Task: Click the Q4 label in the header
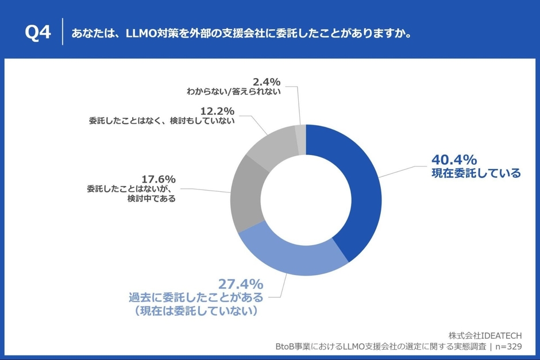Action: click(38, 33)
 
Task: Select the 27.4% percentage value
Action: click(241, 284)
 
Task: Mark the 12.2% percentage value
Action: click(218, 110)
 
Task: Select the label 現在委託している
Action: click(476, 173)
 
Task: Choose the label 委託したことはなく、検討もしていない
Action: click(161, 121)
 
